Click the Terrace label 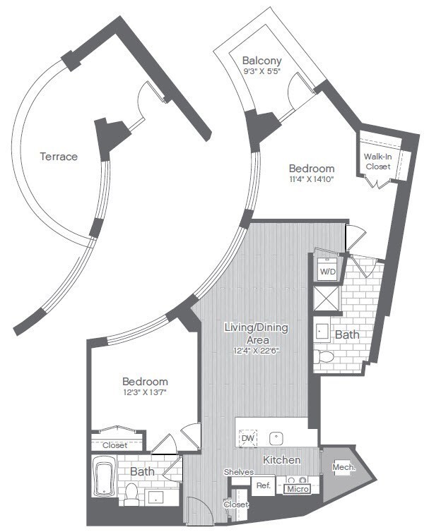click(x=59, y=156)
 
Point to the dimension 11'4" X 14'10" click(x=311, y=179)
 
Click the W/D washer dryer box click(x=328, y=271)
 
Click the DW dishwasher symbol click(x=248, y=438)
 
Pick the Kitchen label click(x=282, y=460)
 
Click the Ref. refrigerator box click(x=263, y=486)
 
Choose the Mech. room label click(x=343, y=468)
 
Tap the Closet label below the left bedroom click(x=115, y=445)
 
